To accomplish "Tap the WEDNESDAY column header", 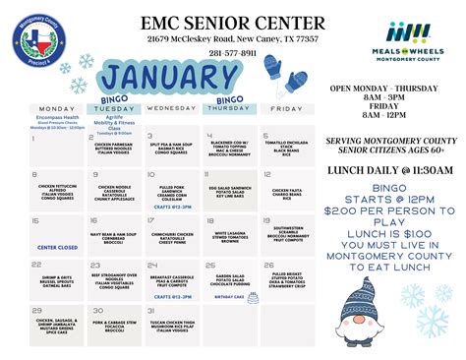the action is tap(172, 108).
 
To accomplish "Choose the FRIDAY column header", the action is tap(286, 108).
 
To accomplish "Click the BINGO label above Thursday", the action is tap(229, 99).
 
